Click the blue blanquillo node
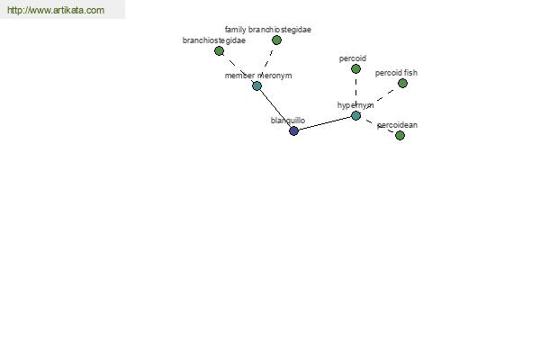coord(293,130)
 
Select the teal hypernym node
coord(355,116)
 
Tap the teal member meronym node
coord(256,86)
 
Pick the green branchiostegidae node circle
coord(219,51)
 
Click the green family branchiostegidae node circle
coord(276,40)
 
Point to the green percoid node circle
coord(355,69)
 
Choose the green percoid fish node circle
coord(402,84)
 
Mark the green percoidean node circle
coord(400,135)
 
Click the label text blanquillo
coord(288,121)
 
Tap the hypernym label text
coord(355,105)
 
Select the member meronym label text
coord(258,76)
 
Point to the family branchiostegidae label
coord(268,30)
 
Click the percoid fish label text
coord(396,73)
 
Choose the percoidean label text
coord(398,125)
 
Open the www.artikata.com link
coord(56,10)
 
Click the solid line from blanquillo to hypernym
coord(325,123)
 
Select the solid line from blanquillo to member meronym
coord(275,109)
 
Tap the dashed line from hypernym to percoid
coord(355,93)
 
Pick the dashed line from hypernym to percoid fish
coord(379,100)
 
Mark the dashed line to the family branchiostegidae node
coord(267,63)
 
